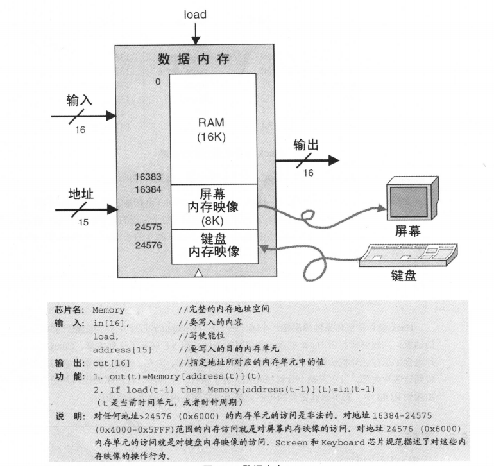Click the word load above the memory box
click(195, 14)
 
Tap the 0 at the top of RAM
click(157, 82)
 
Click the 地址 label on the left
click(81, 193)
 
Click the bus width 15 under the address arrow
click(82, 222)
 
